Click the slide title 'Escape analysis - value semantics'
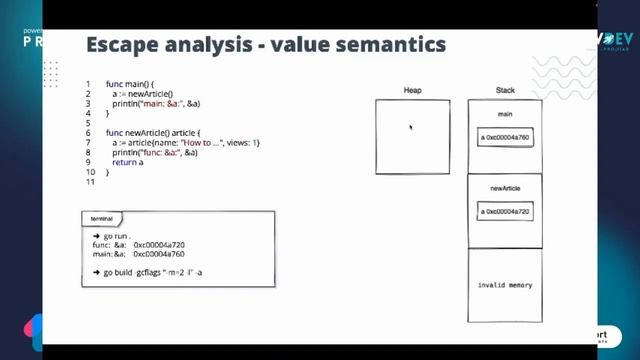265,45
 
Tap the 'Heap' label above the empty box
412,90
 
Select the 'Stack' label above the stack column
505,90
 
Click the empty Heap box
412,137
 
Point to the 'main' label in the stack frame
505,115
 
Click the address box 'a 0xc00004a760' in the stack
505,136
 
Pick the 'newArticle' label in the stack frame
505,189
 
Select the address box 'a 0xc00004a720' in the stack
505,212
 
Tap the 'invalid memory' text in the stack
505,285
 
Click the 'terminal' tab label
102,218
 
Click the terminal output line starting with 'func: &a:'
138,245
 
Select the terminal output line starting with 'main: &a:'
138,254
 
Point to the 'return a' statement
128,162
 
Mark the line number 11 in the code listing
89,181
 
